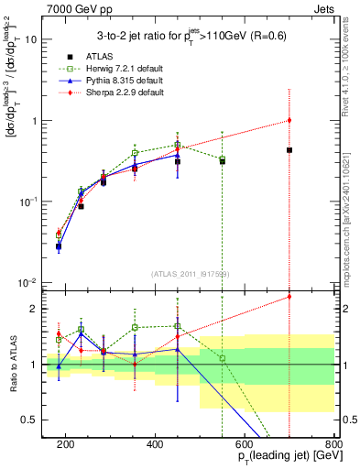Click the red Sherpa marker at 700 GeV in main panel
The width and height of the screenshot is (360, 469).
(x=289, y=120)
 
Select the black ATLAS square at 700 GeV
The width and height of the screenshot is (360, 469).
(x=289, y=149)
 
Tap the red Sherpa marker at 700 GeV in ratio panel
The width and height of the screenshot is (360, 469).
(x=289, y=296)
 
